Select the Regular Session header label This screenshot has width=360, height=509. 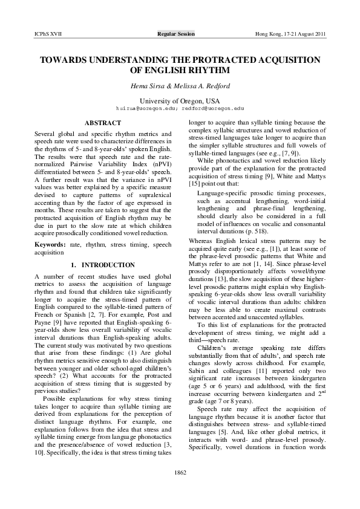tap(176, 34)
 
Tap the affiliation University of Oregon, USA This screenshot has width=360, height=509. tap(180, 100)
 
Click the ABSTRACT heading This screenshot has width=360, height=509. tap(102, 123)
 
